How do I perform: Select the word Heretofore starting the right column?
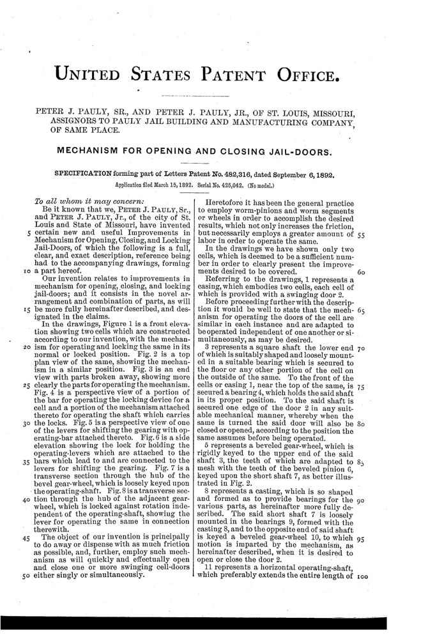[233, 201]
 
